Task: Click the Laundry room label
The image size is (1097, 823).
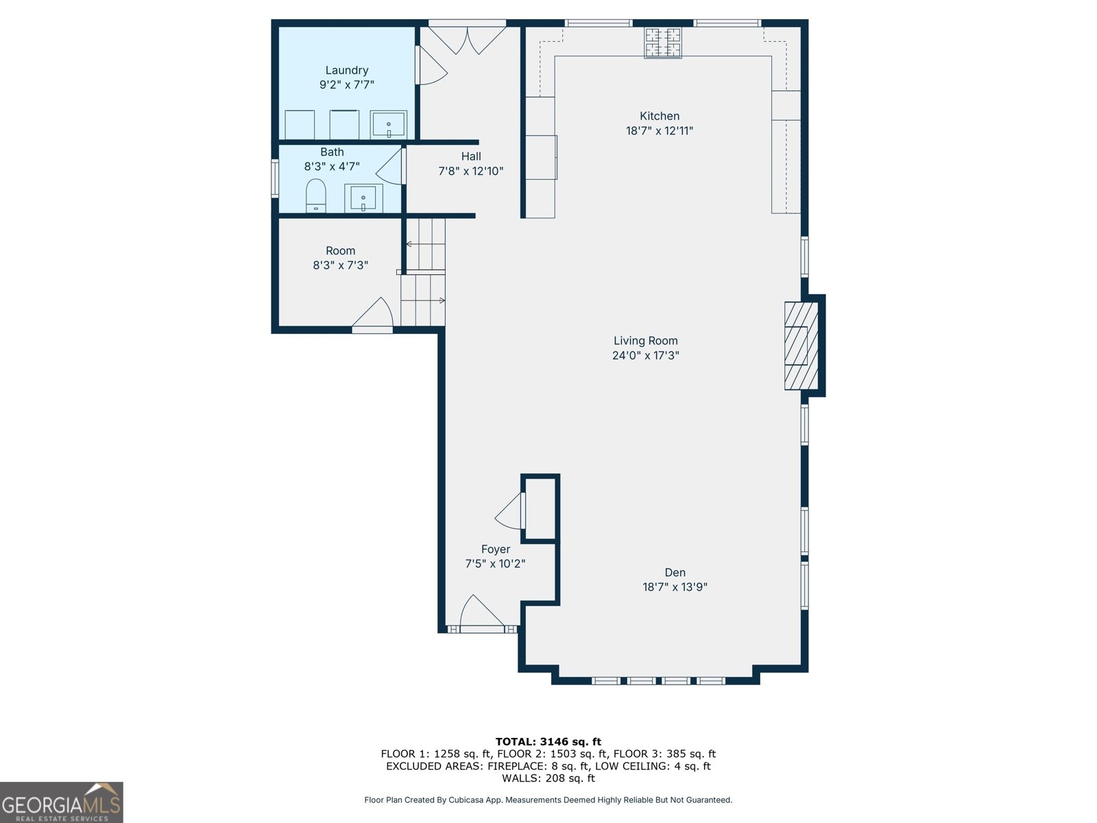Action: (x=346, y=70)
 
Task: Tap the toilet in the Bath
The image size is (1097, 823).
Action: (x=315, y=195)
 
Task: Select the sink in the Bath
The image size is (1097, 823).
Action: (x=363, y=198)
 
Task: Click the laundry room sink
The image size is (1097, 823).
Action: (x=388, y=125)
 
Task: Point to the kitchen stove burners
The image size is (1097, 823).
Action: (x=662, y=43)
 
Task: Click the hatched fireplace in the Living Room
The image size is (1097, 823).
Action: (x=801, y=346)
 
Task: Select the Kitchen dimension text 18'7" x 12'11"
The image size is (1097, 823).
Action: (x=659, y=131)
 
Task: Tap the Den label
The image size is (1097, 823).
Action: (x=675, y=573)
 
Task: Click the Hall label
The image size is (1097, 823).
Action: (x=471, y=156)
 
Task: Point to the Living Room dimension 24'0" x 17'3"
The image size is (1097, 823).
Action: (x=645, y=355)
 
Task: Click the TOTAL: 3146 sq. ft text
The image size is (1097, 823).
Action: (x=548, y=741)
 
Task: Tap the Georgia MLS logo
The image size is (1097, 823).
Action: (x=61, y=802)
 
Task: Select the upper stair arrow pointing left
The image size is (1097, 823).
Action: (x=409, y=244)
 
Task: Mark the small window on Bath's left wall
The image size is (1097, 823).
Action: (x=275, y=178)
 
